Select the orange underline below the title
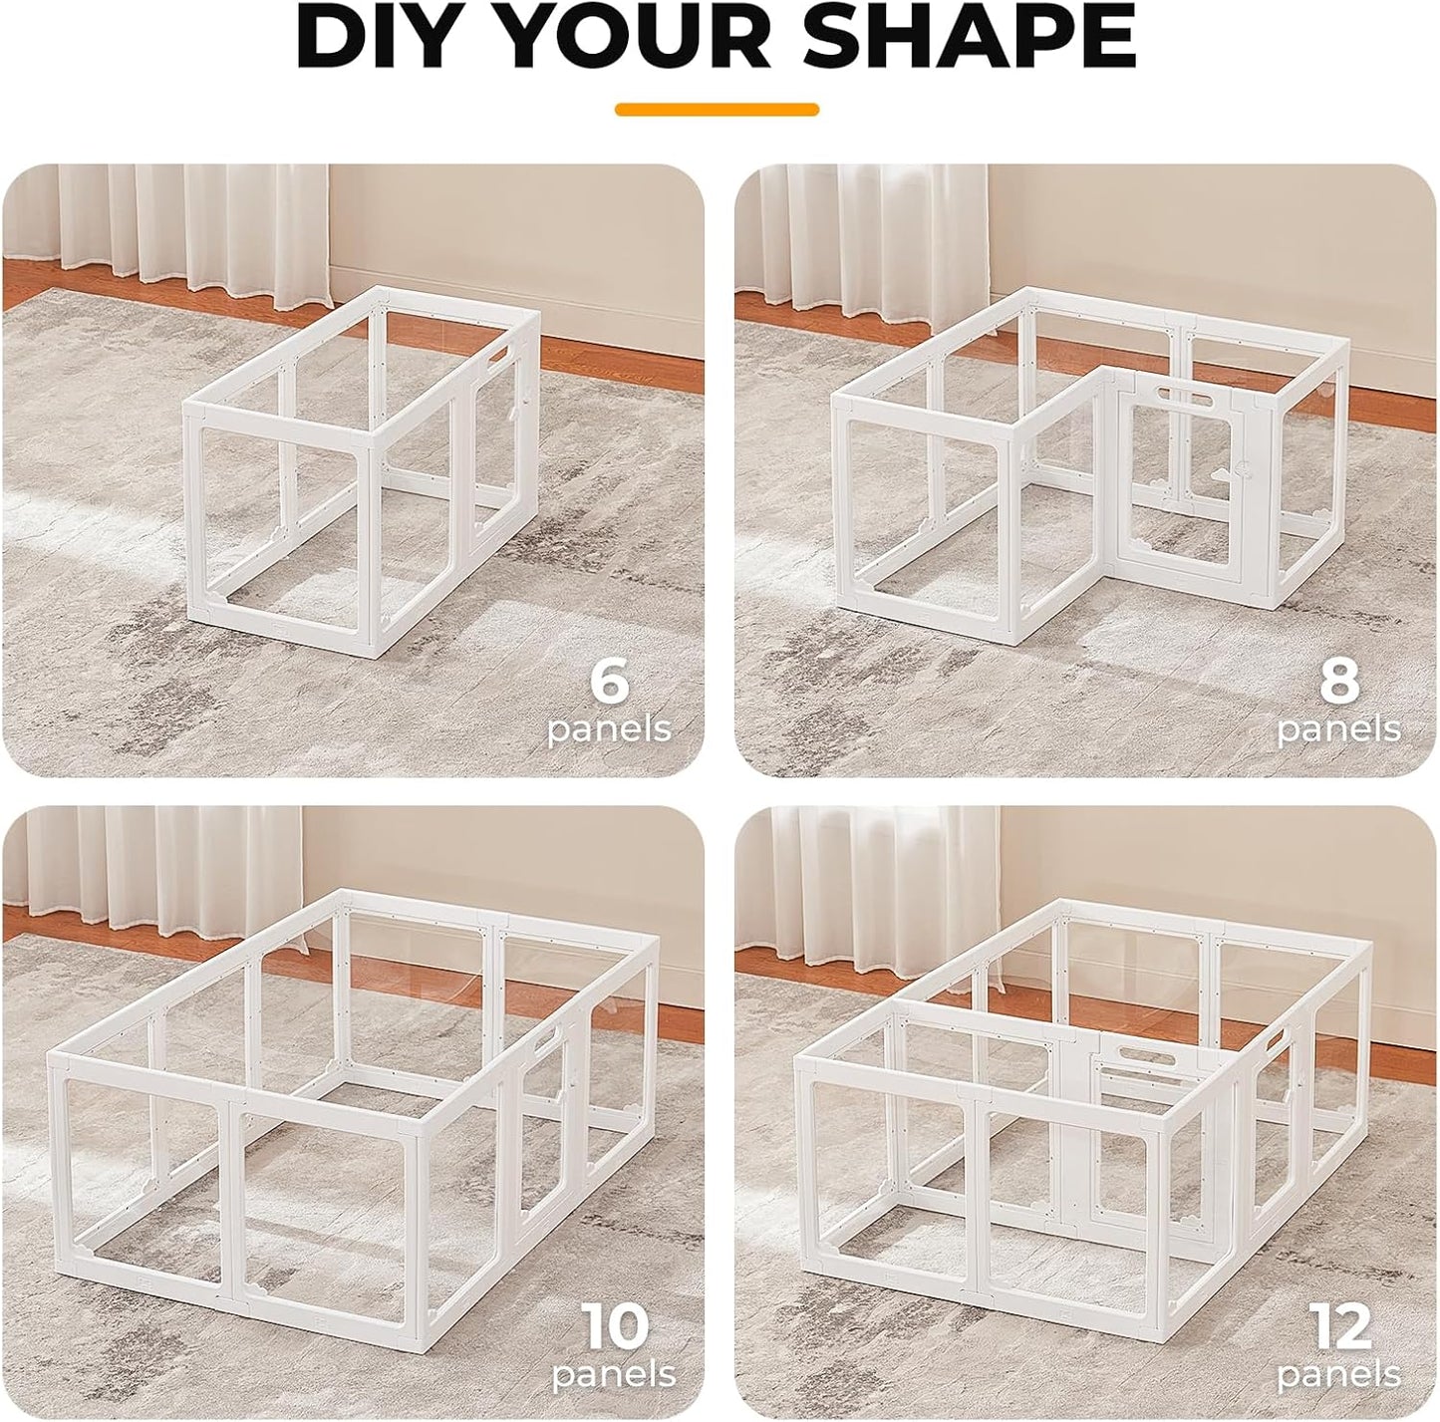(x=717, y=110)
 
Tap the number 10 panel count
(x=615, y=1326)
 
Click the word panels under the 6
(x=609, y=730)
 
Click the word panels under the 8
(x=1338, y=730)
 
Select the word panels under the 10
(x=614, y=1376)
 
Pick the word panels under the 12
(x=1338, y=1376)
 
